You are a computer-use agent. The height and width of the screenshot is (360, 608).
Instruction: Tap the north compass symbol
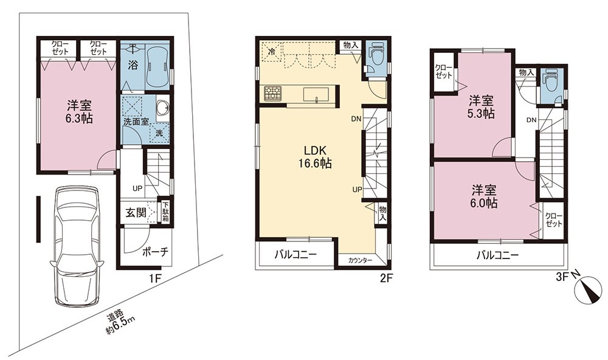coord(588,290)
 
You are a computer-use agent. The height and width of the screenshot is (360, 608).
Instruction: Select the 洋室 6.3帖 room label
coord(78,112)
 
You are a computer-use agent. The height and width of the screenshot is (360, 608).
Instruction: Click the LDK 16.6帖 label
coord(315,157)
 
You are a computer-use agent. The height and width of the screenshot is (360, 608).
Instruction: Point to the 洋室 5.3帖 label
coord(481,108)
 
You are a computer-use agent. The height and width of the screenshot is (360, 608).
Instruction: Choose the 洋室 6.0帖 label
coord(485,196)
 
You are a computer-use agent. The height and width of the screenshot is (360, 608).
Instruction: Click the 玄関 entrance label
coord(136,212)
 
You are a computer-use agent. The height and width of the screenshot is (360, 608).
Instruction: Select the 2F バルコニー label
coord(296,254)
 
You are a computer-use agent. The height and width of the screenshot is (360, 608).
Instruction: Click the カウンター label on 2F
coord(360,260)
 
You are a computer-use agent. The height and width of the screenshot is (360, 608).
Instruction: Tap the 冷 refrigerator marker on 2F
coord(272,51)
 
